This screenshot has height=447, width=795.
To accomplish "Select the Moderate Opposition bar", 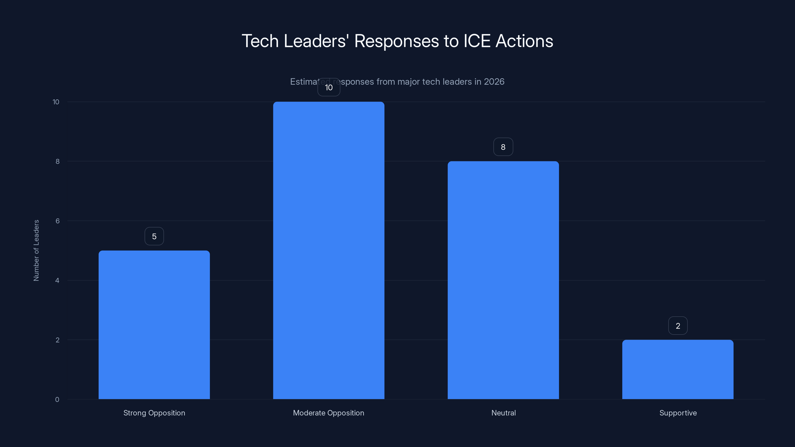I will [329, 250].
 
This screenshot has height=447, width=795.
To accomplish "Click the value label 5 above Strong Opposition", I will [154, 236].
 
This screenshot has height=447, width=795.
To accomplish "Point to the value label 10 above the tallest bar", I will [329, 88].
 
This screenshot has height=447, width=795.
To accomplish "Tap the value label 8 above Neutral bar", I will [503, 147].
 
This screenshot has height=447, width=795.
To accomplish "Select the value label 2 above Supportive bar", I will [678, 326].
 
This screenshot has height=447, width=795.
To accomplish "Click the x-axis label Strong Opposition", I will [154, 413].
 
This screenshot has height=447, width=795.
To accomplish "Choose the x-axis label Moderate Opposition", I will [328, 413].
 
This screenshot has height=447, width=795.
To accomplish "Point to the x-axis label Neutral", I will [503, 413].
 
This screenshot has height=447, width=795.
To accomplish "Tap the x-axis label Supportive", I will [678, 413].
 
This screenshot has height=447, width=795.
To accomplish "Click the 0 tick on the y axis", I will [57, 400].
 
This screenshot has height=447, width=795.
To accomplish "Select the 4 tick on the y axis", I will [57, 280].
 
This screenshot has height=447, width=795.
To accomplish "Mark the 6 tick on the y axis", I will [57, 221].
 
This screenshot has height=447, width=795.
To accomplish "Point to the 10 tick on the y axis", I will [56, 102].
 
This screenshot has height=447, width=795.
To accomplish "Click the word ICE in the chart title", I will [477, 41].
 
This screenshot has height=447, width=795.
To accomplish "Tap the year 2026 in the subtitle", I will [494, 82].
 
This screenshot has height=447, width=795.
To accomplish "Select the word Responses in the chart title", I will [396, 41].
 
